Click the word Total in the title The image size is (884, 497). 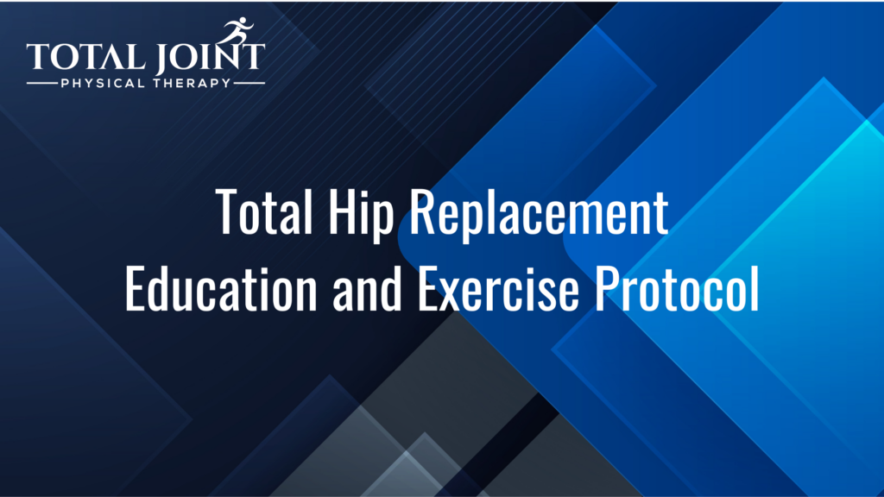pyautogui.click(x=264, y=212)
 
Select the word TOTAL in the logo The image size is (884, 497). pyautogui.click(x=85, y=56)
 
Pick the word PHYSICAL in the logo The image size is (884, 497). pyautogui.click(x=103, y=84)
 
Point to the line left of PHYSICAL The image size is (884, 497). pyautogui.click(x=41, y=84)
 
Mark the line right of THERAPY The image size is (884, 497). pyautogui.click(x=249, y=84)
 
